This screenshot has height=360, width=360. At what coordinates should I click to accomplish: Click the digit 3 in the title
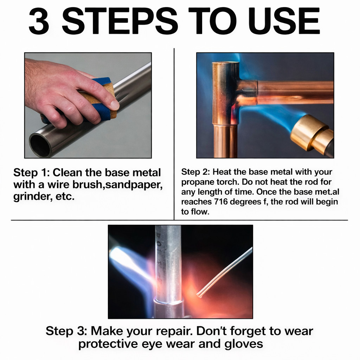coord(39,21)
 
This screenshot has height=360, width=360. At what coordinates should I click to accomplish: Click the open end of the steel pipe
coord(40,145)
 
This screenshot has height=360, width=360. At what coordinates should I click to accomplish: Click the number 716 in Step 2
coord(221,202)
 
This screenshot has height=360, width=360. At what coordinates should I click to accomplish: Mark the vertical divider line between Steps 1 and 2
coord(174,134)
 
